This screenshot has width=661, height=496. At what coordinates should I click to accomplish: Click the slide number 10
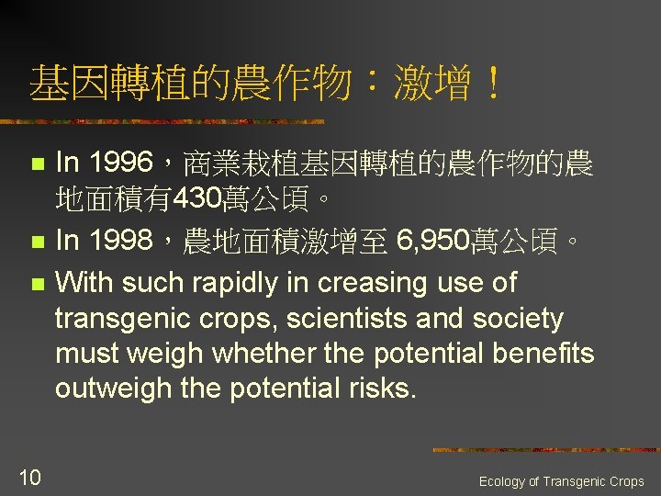pyautogui.click(x=29, y=476)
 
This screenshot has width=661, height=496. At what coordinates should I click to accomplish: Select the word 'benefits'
pyautogui.click(x=545, y=353)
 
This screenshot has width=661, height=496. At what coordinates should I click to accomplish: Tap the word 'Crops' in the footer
pyautogui.click(x=626, y=481)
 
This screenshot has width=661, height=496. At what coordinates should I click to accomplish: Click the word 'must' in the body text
pyautogui.click(x=84, y=354)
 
